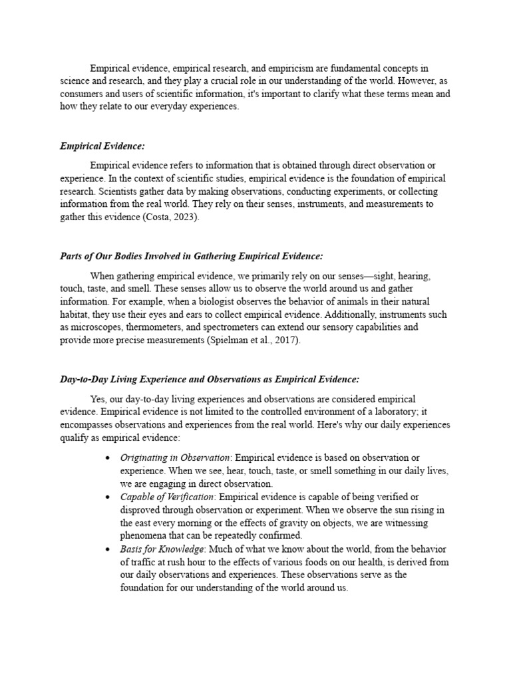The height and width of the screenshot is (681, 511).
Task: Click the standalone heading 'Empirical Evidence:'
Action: [102, 146]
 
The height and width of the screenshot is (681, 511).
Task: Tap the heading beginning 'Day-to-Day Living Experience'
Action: [210, 379]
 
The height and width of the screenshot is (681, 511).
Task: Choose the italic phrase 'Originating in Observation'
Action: [175, 458]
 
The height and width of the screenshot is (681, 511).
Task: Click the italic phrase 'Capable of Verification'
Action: [167, 497]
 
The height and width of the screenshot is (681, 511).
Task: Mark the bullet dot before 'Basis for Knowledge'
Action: [109, 549]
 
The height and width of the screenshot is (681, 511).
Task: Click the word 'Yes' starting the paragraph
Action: [98, 399]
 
